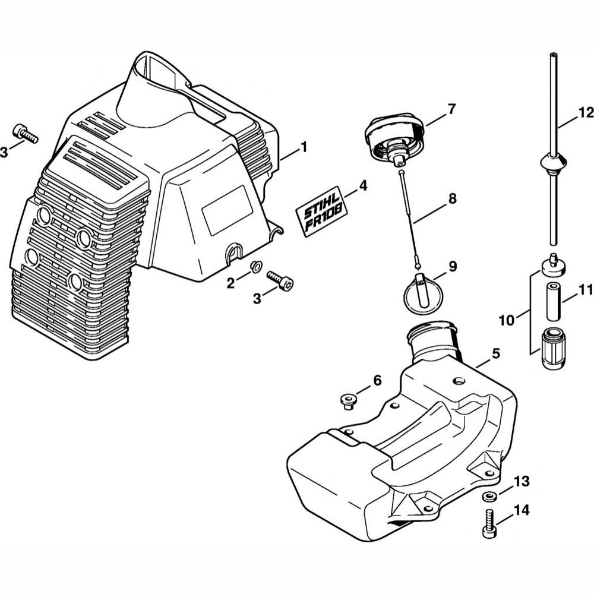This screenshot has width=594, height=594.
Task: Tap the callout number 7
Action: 452,109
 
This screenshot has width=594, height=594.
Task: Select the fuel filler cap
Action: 394,138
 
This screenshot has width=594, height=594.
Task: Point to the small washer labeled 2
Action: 255,267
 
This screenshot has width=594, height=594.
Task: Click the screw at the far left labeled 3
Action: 26,133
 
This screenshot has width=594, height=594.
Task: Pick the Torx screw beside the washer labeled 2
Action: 281,280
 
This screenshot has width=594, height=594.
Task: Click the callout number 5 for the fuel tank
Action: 496,353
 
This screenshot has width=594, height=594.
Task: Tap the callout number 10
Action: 507,321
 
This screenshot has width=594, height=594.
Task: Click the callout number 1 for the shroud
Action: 304,147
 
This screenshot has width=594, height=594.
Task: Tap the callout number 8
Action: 452,198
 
